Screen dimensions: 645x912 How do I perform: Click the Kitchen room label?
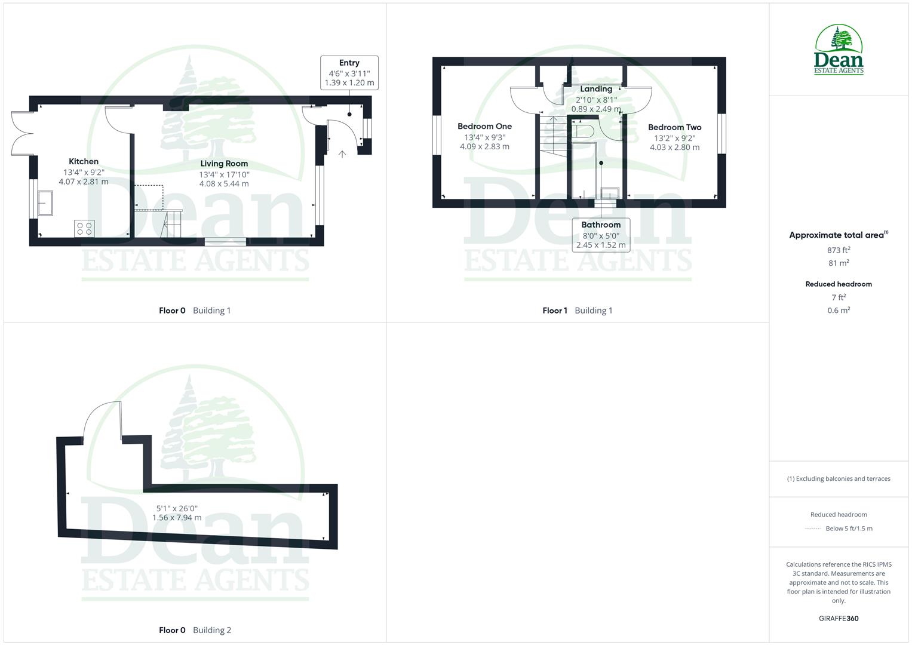[84, 161]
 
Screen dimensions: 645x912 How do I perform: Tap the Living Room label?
[224, 164]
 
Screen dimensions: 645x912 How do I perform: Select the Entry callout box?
[349, 72]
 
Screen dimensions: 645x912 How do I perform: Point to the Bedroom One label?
[484, 127]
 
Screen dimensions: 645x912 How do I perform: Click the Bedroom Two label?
[674, 127]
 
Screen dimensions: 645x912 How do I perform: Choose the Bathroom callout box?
[601, 235]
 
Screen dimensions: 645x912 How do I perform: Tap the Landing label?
[596, 89]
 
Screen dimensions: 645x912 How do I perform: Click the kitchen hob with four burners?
[84, 228]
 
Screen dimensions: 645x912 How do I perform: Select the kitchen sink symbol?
[45, 203]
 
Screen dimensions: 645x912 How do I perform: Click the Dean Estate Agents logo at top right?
[839, 50]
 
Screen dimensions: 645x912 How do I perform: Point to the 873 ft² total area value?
[839, 250]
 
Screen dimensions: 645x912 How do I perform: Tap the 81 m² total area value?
[839, 263]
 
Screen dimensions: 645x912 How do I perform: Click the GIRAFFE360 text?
[839, 619]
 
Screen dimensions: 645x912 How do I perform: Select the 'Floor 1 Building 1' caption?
[577, 311]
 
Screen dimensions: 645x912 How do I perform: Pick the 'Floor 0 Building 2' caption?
[195, 630]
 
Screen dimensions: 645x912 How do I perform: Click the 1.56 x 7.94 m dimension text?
[177, 518]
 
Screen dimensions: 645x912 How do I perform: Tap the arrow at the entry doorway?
[342, 154]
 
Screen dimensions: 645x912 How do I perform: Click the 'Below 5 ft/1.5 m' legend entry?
[848, 529]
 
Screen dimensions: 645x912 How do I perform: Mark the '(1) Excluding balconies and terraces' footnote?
[839, 479]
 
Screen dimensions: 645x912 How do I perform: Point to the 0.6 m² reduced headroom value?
[839, 311]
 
